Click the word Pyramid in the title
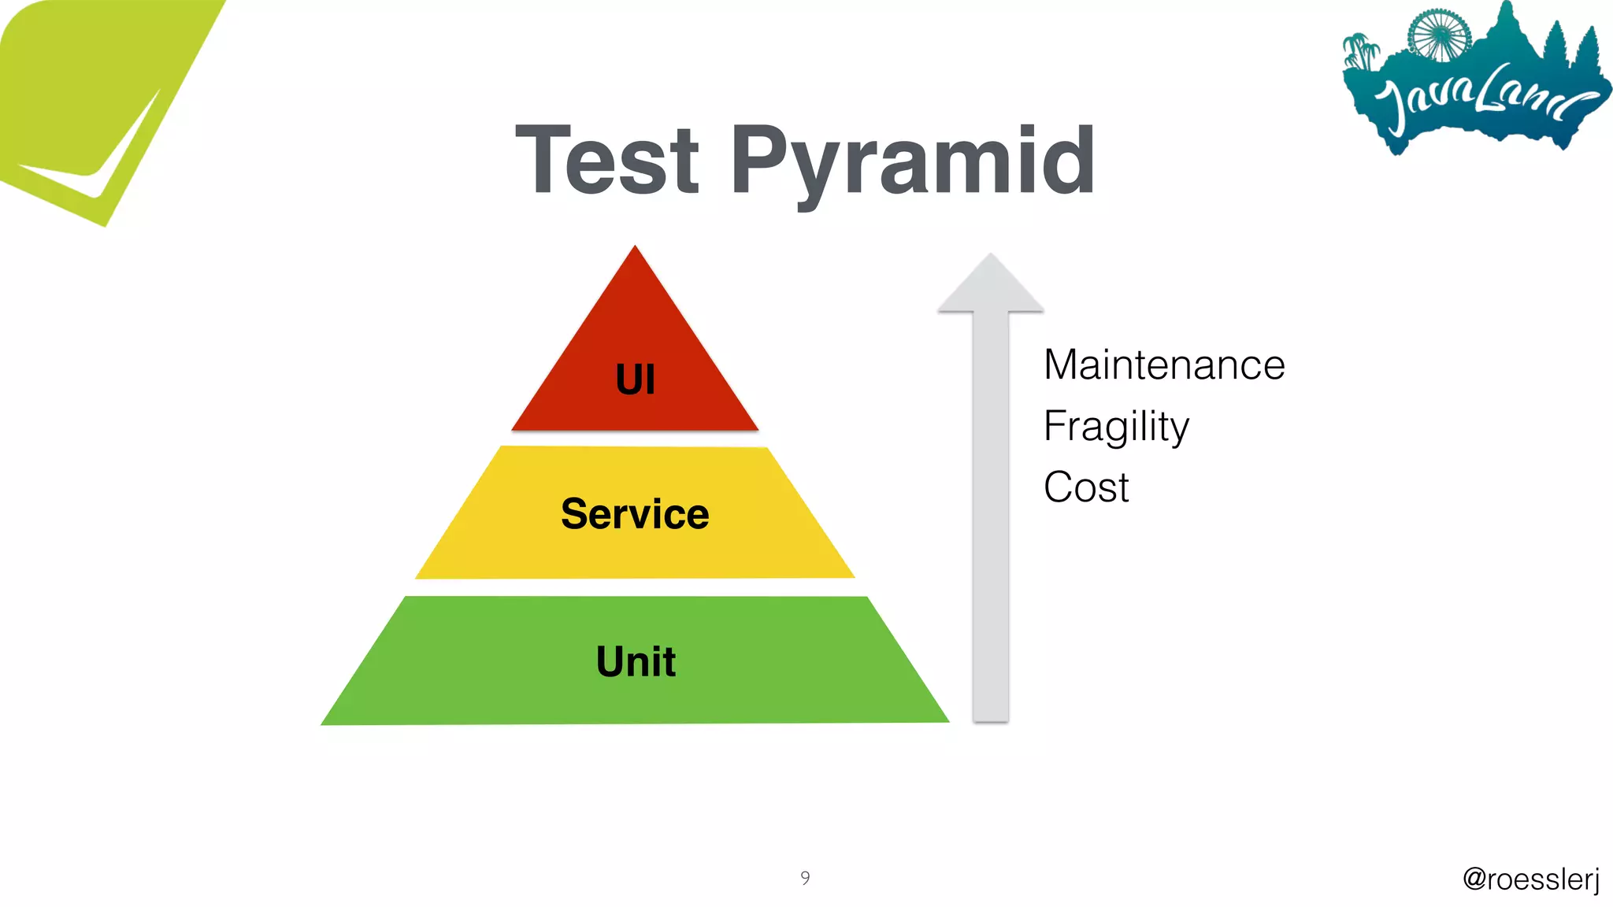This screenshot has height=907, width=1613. pyautogui.click(x=912, y=162)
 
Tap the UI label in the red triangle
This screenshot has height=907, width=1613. pyautogui.click(x=635, y=379)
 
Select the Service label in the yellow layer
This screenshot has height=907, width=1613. pyautogui.click(x=635, y=514)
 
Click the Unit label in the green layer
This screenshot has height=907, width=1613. pyautogui.click(x=636, y=661)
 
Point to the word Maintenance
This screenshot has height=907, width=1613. pyautogui.click(x=1164, y=365)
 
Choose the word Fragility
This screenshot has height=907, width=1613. pyautogui.click(x=1116, y=427)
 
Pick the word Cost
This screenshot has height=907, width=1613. pyautogui.click(x=1086, y=487)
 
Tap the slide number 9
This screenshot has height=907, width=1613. pyautogui.click(x=805, y=877)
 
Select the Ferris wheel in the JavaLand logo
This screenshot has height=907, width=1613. pyautogui.click(x=1439, y=35)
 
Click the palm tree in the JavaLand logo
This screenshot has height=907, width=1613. pyautogui.click(x=1361, y=51)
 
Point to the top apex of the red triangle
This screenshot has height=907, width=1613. pyautogui.click(x=635, y=247)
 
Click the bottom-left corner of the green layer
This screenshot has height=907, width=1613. pyautogui.click(x=323, y=724)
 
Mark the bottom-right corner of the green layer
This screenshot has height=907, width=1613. pyautogui.click(x=947, y=720)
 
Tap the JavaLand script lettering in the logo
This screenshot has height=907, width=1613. pyautogui.click(x=1481, y=98)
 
